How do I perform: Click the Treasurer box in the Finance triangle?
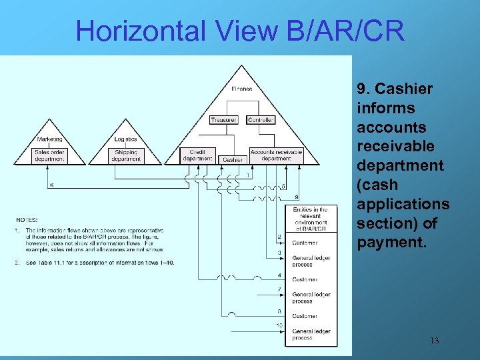(223, 120)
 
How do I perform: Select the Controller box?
(261, 120)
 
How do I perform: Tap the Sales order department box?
(50, 155)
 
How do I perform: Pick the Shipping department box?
(126, 155)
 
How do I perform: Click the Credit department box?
(197, 155)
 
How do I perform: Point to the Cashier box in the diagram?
(233, 160)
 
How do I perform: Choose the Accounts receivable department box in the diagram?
(276, 155)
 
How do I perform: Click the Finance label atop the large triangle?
(242, 89)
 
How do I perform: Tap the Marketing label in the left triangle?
(50, 139)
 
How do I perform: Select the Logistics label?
(126, 139)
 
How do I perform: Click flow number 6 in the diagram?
(52, 185)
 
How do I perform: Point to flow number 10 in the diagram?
(280, 325)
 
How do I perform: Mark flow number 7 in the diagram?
(280, 290)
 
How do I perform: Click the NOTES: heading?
(27, 219)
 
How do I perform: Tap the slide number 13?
(434, 341)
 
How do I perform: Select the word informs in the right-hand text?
(386, 108)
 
